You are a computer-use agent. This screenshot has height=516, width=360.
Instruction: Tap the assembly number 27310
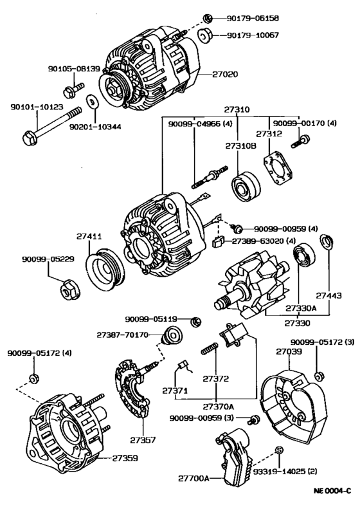pyautogui.click(x=237, y=110)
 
